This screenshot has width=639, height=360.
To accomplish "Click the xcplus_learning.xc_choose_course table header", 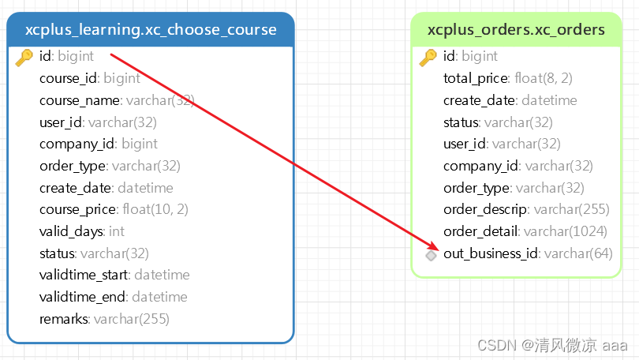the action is tap(151, 31).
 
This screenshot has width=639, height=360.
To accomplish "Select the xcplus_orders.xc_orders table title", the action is tap(516, 31).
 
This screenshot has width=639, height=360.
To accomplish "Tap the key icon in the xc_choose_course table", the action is tap(24, 57).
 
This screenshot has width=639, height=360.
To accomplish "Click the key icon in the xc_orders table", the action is tap(428, 57).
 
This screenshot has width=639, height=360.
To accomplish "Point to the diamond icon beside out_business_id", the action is tap(431, 255).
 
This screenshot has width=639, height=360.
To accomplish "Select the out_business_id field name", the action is tap(490, 253).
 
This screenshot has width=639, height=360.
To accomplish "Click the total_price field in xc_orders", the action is tap(476, 78).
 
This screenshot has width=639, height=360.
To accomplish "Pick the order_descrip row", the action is tap(487, 210).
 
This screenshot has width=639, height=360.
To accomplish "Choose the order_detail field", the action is tap(480, 231).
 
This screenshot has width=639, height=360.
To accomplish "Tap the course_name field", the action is tap(80, 100).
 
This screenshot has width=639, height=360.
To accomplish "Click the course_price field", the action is tap(79, 209).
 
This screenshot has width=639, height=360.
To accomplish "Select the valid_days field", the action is tap(71, 231).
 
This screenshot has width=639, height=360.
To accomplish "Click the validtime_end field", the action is tap(82, 297).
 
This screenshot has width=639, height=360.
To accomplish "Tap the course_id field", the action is tap(69, 78).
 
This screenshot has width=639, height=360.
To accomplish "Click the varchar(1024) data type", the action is tap(566, 231).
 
